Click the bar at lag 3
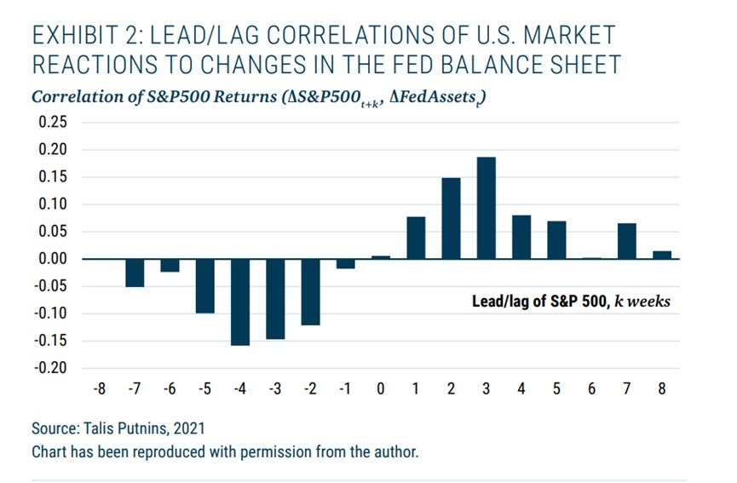point(487,208)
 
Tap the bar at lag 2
point(452,218)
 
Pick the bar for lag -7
point(135,273)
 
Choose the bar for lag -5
point(205,285)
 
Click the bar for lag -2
point(311,291)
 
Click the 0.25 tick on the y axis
point(53,123)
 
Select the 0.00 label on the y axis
point(53,259)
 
